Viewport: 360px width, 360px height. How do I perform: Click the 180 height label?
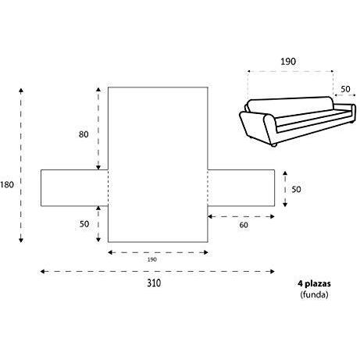[7, 184]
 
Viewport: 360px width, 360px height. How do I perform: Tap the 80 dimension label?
[84, 134]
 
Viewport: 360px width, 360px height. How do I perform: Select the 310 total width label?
[154, 283]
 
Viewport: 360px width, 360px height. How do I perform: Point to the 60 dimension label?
[244, 225]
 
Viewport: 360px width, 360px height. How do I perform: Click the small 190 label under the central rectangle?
[152, 259]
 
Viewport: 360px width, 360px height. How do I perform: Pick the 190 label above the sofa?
[288, 62]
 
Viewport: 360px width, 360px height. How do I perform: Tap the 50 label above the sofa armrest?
[345, 89]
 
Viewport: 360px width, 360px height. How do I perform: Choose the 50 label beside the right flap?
[296, 189]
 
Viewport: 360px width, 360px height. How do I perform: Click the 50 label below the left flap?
[84, 224]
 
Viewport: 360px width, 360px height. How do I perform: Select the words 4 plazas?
[314, 283]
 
